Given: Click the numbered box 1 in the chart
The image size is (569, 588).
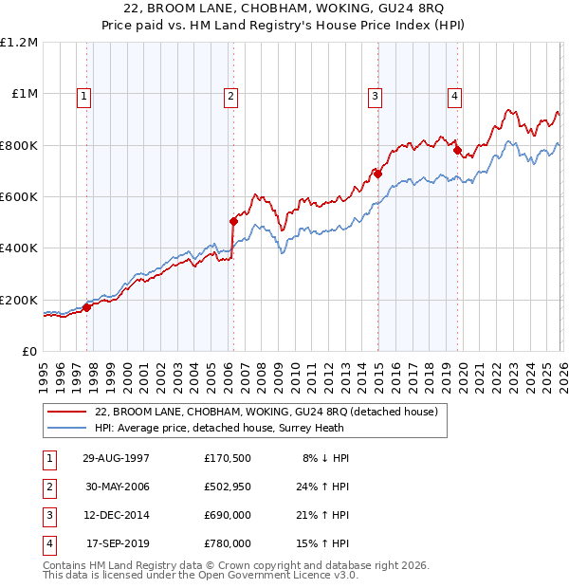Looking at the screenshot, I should click(84, 95).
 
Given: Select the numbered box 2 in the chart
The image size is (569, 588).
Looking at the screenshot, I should click(230, 95).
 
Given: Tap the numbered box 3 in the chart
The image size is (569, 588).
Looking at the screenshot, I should click(376, 95).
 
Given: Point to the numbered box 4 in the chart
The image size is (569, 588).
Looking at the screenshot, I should click(455, 95).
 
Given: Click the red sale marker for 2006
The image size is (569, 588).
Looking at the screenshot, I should click(233, 221).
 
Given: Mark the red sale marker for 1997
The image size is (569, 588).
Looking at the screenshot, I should click(86, 306).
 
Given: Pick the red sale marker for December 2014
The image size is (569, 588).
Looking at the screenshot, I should click(377, 174).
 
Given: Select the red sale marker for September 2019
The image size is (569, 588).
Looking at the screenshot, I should click(457, 150).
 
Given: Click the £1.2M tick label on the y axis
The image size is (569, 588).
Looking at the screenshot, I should click(19, 43).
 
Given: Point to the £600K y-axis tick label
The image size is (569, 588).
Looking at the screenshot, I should click(19, 197).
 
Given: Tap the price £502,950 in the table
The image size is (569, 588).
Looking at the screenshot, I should click(227, 487).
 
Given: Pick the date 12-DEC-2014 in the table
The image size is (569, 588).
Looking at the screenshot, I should click(115, 515).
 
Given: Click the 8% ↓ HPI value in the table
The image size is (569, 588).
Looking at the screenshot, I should click(325, 458).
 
